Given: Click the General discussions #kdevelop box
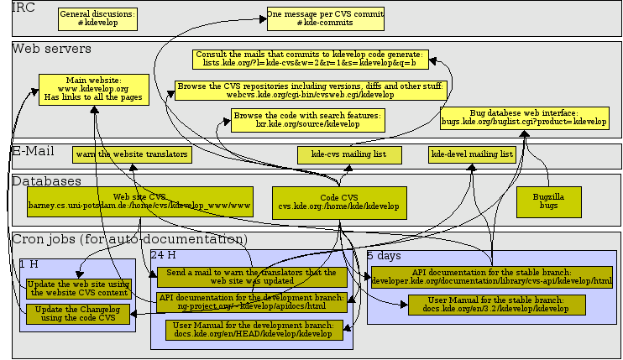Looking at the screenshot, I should pyautogui.click(x=97, y=19).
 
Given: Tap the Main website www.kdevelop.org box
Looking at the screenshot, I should pyautogui.click(x=93, y=89).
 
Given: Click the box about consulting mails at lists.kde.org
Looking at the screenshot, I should pyautogui.click(x=309, y=59).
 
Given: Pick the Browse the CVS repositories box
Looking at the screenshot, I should pyautogui.click(x=310, y=90).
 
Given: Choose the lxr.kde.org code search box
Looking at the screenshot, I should pyautogui.click(x=307, y=119).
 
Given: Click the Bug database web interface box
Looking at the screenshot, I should pyautogui.click(x=524, y=117).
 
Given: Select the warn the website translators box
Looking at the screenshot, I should pyautogui.click(x=130, y=155).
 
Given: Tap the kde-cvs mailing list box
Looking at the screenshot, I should pyautogui.click(x=348, y=155).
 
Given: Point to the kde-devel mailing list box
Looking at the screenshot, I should pyautogui.click(x=472, y=154).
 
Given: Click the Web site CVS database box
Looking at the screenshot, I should pyautogui.click(x=139, y=201).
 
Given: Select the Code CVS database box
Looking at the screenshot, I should pyautogui.click(x=339, y=201).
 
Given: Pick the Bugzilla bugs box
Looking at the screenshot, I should pyautogui.click(x=548, y=201).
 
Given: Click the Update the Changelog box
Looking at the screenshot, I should pyautogui.click(x=78, y=314).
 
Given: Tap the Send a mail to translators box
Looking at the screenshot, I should pyautogui.click(x=252, y=277).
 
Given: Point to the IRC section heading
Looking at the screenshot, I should pyautogui.click(x=24, y=8).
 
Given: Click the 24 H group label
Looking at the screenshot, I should pyautogui.click(x=163, y=254).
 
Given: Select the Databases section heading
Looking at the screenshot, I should pyautogui.click(x=46, y=180).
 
